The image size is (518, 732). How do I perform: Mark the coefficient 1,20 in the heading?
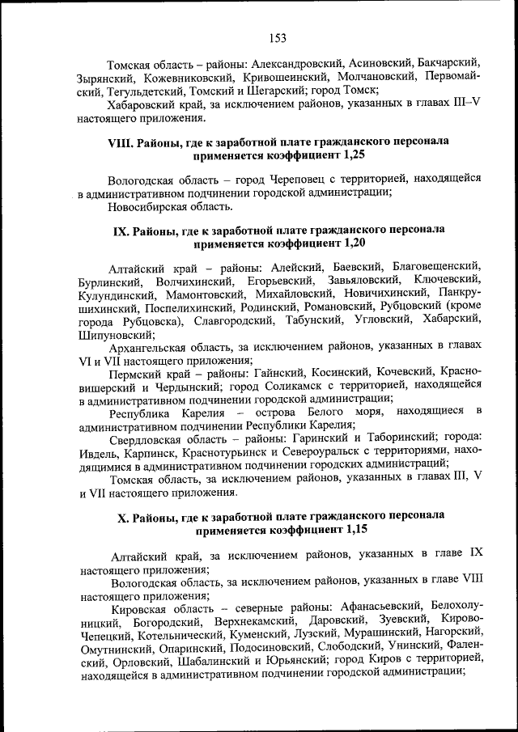(x=353, y=242)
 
